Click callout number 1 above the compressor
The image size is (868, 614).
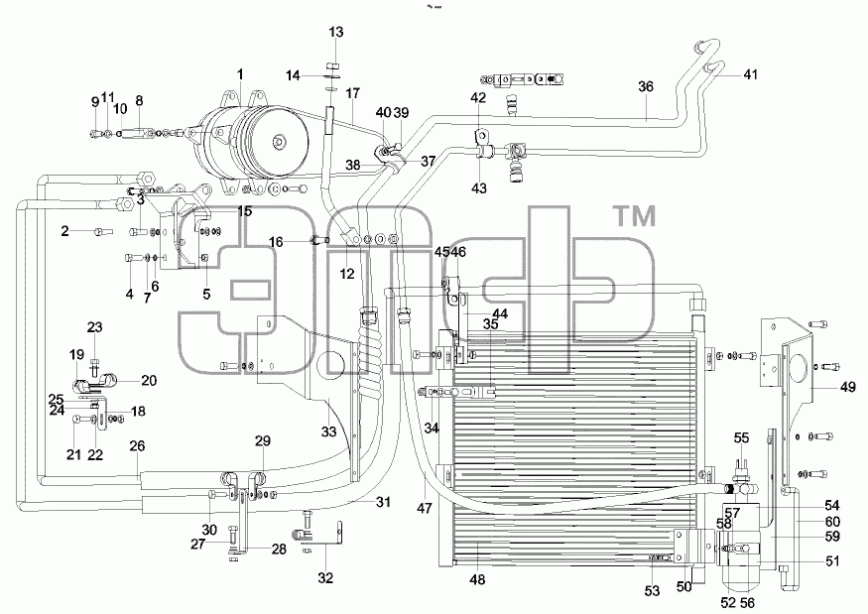[240, 74]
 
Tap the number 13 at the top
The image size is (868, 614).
[336, 32]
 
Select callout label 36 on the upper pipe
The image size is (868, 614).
[646, 86]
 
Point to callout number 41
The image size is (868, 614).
[750, 74]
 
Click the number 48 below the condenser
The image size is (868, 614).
[477, 579]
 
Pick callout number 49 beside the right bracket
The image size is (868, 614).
[848, 387]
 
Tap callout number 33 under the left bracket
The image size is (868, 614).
[328, 431]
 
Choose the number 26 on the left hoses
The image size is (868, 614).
[137, 445]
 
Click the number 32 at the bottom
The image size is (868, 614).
[325, 578]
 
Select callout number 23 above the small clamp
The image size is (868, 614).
[94, 327]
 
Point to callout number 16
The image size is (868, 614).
[276, 242]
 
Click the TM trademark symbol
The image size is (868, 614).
[636, 216]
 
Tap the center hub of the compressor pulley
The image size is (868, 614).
[280, 142]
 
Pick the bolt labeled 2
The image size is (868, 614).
[103, 231]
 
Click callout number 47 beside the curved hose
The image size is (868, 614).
[425, 507]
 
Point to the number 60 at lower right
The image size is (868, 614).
[832, 522]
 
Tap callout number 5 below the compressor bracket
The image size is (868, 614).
[206, 294]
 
